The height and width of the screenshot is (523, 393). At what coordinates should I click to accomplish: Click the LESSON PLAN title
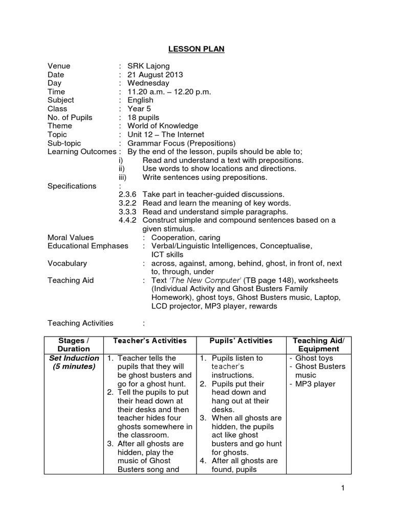point(196,49)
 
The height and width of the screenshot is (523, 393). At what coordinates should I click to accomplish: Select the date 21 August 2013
point(155,75)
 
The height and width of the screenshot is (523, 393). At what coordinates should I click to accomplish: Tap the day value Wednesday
point(148,83)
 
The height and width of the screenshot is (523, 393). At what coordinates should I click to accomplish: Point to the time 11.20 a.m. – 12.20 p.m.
point(169,92)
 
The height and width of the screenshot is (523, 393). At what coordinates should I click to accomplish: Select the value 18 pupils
point(144,117)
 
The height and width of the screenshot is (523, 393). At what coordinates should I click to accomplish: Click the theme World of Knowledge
point(163,126)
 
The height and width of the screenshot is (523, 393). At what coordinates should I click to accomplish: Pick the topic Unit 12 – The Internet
point(166,134)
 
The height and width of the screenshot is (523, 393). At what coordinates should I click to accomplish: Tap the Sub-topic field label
point(64,143)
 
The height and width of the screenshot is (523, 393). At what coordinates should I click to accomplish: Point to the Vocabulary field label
point(67,263)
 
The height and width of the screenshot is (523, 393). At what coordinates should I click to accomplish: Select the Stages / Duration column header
point(74,345)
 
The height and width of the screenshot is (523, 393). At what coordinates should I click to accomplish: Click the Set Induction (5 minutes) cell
point(74,362)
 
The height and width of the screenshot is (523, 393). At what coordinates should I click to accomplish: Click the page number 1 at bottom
point(343,489)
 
